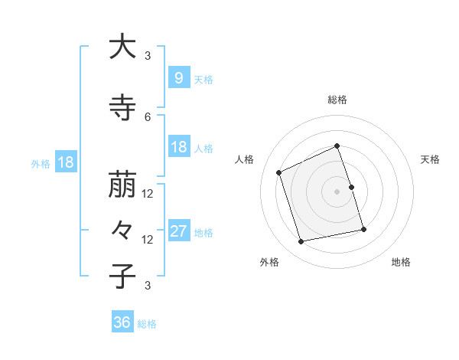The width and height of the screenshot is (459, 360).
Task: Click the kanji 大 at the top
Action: pyautogui.click(x=122, y=47)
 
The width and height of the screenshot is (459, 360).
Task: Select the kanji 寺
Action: pyautogui.click(x=122, y=109)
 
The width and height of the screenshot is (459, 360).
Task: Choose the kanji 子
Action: pyautogui.click(x=122, y=277)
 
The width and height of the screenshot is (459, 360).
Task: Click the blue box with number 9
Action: pyautogui.click(x=178, y=78)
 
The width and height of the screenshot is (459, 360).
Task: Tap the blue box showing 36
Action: pyautogui.click(x=122, y=323)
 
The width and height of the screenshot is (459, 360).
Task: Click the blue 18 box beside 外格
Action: pyautogui.click(x=66, y=162)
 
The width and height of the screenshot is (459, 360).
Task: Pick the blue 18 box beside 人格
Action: pyautogui.click(x=178, y=148)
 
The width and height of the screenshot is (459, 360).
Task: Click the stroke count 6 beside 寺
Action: pyautogui.click(x=148, y=116)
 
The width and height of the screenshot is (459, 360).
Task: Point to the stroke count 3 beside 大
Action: pyautogui.click(x=148, y=55)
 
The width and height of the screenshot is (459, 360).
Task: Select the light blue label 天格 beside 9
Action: pyautogui.click(x=203, y=79)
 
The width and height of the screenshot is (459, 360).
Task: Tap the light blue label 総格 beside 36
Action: pyautogui.click(x=147, y=324)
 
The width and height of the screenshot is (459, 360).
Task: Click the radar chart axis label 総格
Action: pyautogui.click(x=337, y=100)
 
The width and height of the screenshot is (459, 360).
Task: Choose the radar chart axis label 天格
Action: pyautogui.click(x=431, y=159)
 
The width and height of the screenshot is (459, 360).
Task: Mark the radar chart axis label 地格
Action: pyautogui.click(x=401, y=262)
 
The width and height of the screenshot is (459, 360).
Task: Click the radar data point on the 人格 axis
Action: pyautogui.click(x=279, y=172)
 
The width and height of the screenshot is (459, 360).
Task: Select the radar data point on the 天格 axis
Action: pyautogui.click(x=351, y=187)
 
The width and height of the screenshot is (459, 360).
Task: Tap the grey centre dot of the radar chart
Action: pyautogui.click(x=337, y=191)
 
